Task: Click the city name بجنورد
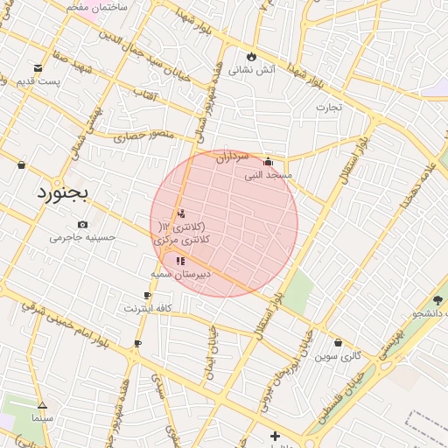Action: pyautogui.click(x=63, y=193)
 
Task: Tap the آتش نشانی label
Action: pyautogui.click(x=252, y=70)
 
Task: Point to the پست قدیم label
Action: pyautogui.click(x=38, y=82)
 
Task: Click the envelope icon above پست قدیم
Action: pyautogui.click(x=38, y=67)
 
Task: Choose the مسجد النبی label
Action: pyautogui.click(x=268, y=175)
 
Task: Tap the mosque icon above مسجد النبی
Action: pyautogui.click(x=268, y=161)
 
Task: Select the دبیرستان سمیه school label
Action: pyautogui.click(x=180, y=275)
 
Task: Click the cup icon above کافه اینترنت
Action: pyautogui.click(x=147, y=296)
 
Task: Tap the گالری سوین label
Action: pyautogui.click(x=339, y=356)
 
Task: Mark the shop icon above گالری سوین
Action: pyautogui.click(x=339, y=342)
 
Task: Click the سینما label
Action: pyautogui.click(x=42, y=418)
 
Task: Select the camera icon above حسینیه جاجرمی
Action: pyautogui.click(x=82, y=224)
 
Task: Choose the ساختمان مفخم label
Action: pyautogui.click(x=97, y=7)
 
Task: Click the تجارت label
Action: pyautogui.click(x=329, y=108)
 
